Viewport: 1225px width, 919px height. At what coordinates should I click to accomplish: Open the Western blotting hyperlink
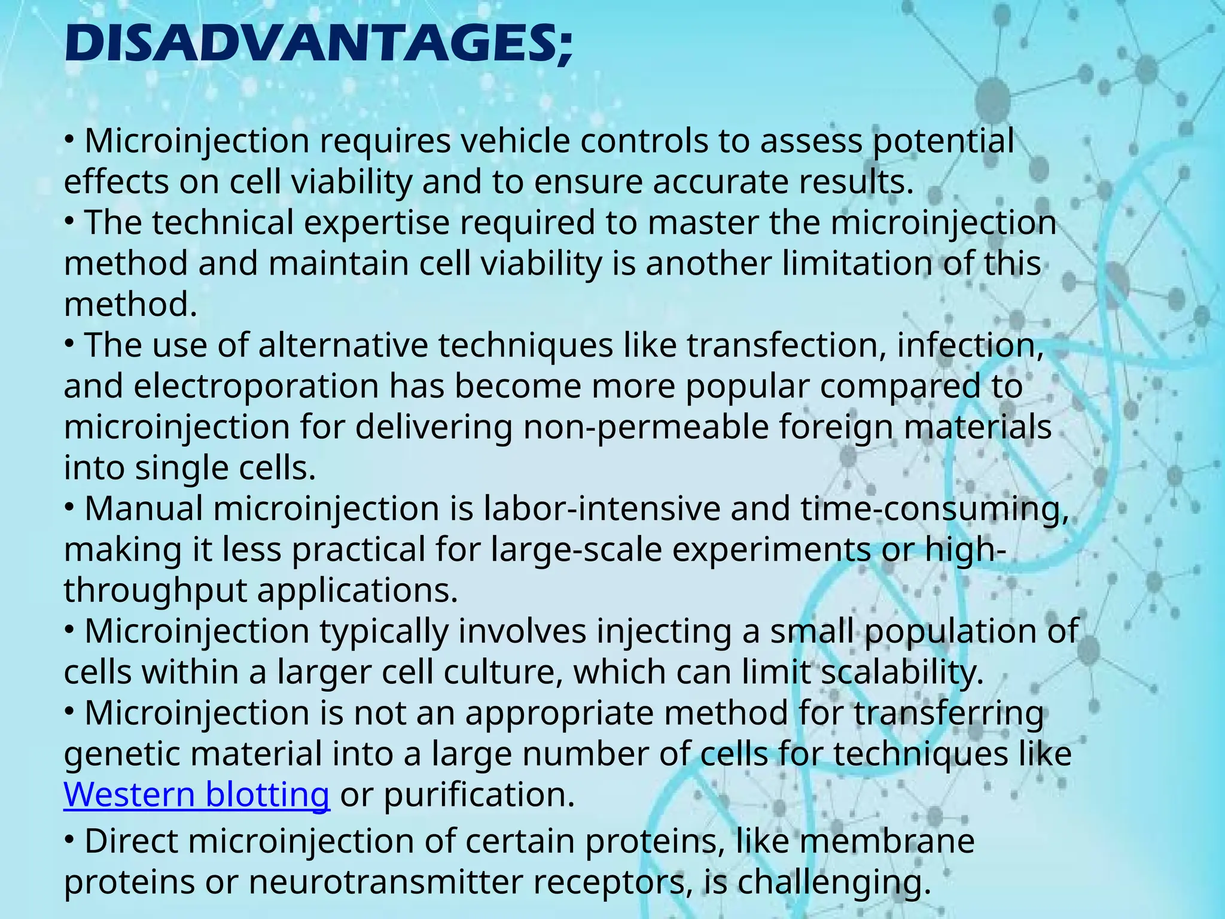point(196,795)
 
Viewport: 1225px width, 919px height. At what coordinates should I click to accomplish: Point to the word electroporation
point(256,387)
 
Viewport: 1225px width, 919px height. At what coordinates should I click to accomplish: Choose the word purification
point(479,795)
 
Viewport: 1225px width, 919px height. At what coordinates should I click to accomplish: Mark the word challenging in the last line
point(834,882)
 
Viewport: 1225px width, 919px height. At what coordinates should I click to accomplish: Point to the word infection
point(970,346)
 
